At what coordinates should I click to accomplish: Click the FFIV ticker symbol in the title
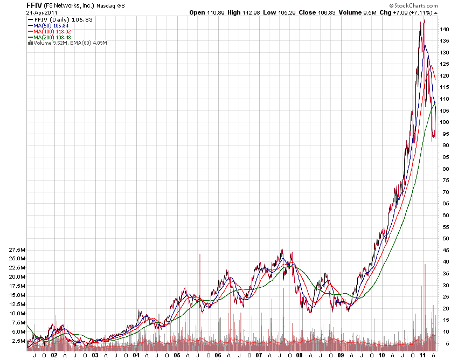pos(34,5)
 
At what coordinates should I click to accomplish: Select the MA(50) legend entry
pos(48,25)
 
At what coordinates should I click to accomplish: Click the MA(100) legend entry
pos(50,31)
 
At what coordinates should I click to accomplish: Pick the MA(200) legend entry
pos(50,37)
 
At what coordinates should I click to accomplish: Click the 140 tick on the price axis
pos(443,29)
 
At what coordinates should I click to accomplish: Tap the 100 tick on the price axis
pos(443,122)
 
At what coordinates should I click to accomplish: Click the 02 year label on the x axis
pos(54,356)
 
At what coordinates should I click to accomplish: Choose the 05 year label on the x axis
pos(176,356)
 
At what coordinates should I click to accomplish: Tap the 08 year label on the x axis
pos(300,356)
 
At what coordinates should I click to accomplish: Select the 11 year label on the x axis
pos(422,356)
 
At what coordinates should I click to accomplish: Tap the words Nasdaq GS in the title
pos(110,6)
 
